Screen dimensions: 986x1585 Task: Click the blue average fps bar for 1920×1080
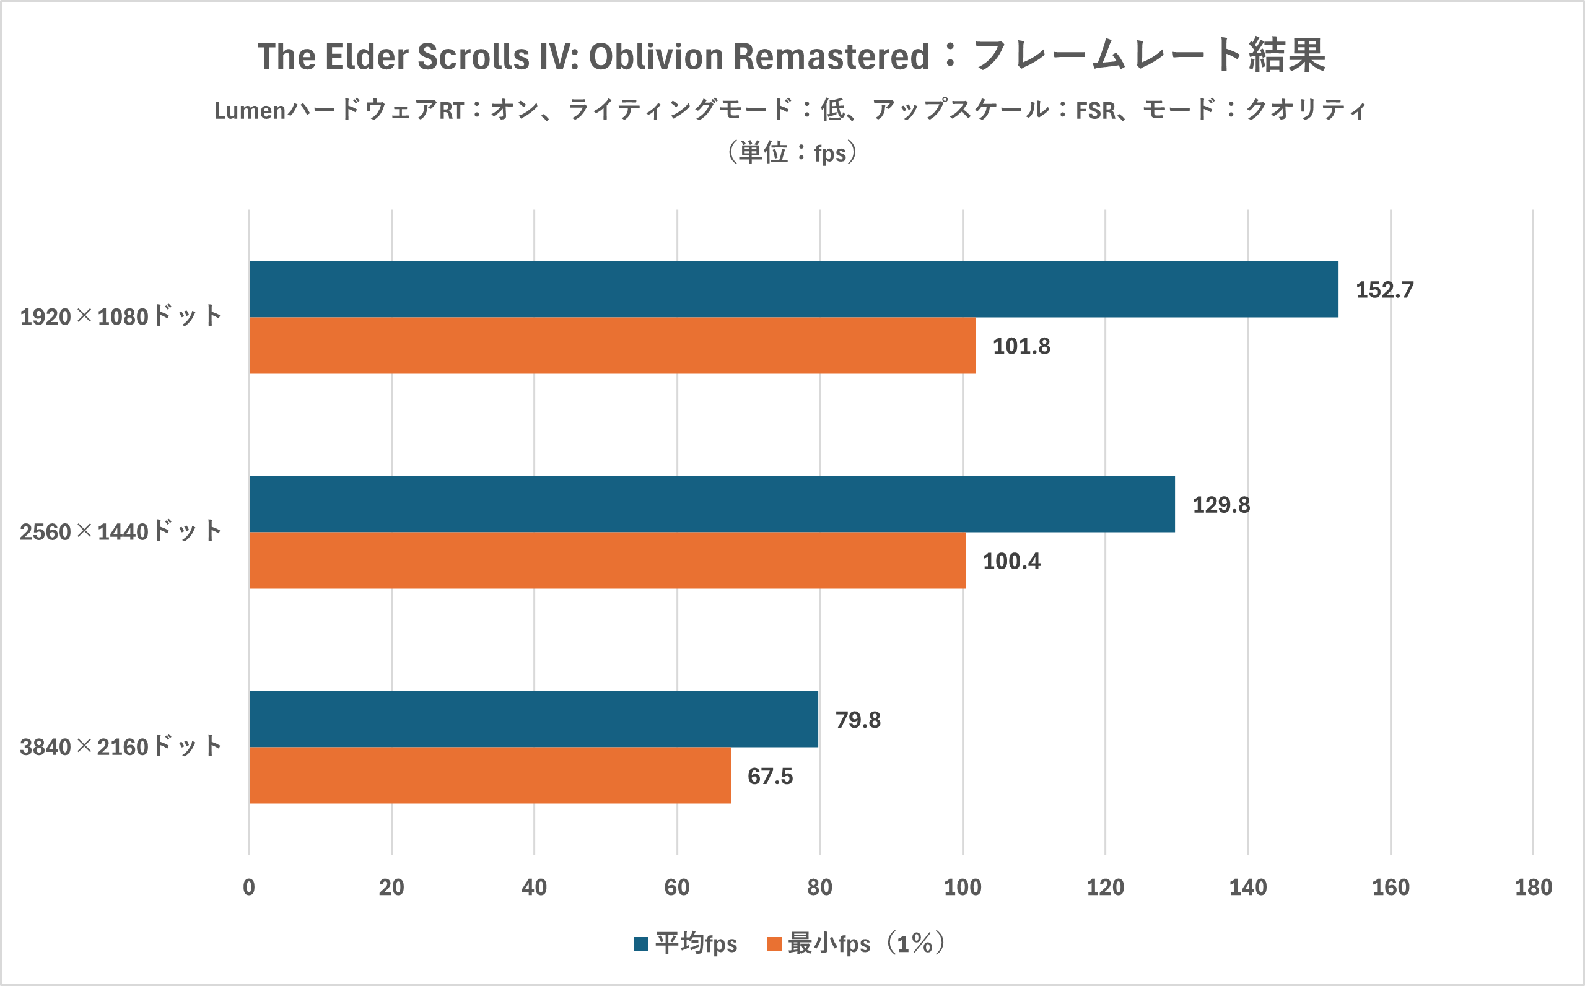(x=793, y=289)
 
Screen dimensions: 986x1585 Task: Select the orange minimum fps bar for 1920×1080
(x=612, y=346)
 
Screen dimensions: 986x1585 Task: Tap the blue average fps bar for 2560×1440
(x=712, y=504)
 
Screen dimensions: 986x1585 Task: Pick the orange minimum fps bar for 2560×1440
(x=607, y=560)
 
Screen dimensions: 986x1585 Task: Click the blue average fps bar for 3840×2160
(x=533, y=718)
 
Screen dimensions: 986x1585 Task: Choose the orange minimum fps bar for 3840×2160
(x=490, y=775)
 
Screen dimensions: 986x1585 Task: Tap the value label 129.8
(x=1221, y=505)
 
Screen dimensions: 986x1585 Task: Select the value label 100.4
(x=1011, y=562)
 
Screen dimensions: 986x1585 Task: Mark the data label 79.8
(x=858, y=720)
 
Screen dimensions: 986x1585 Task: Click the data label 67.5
(x=770, y=777)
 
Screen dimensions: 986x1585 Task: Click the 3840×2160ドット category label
(x=121, y=747)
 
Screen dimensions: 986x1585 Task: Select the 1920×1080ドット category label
(x=121, y=316)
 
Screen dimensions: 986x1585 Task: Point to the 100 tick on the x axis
(x=963, y=888)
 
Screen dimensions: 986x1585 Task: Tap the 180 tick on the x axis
(x=1534, y=888)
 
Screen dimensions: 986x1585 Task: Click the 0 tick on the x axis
(x=248, y=888)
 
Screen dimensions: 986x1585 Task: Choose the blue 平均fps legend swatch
(x=642, y=944)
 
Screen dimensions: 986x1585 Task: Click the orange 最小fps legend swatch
(x=775, y=944)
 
